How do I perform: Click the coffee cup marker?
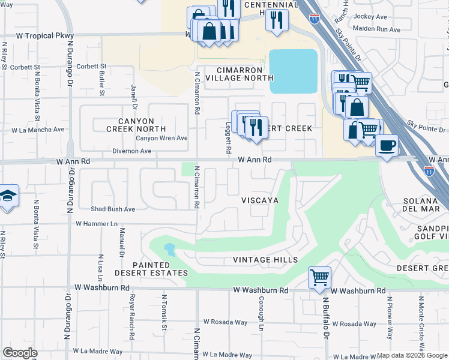[x=388, y=145]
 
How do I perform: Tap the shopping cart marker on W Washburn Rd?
[x=319, y=278]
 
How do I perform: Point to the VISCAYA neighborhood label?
[x=260, y=200]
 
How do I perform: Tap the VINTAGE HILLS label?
[x=265, y=260]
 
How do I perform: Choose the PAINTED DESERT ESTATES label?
[x=160, y=269]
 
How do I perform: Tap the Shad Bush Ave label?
[x=113, y=209]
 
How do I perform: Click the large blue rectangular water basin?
[x=293, y=71]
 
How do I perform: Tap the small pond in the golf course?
[x=169, y=249]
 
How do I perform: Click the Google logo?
[x=20, y=353]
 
